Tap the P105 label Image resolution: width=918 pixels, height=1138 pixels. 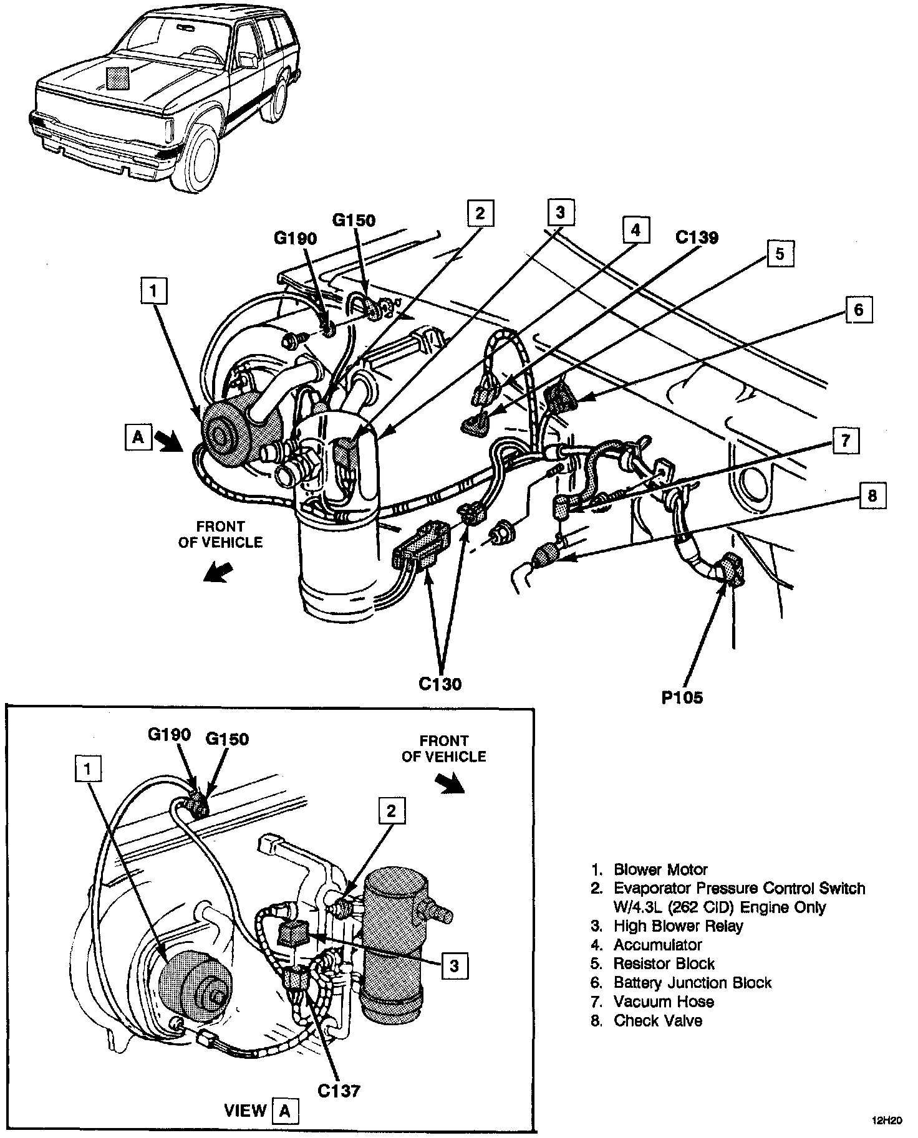(x=682, y=697)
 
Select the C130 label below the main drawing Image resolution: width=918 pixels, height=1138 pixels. (x=440, y=684)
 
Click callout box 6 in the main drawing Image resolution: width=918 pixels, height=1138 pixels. (x=858, y=309)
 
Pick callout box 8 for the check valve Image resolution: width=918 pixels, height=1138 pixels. (x=872, y=495)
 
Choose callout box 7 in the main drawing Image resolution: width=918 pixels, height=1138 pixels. (x=845, y=441)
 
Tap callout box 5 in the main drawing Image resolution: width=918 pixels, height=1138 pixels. (x=780, y=254)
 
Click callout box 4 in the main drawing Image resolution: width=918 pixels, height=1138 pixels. (x=635, y=230)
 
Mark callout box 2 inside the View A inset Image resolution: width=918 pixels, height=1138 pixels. (x=391, y=811)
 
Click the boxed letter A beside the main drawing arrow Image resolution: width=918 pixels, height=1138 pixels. (x=138, y=437)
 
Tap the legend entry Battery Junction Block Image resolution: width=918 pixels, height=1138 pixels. (x=692, y=983)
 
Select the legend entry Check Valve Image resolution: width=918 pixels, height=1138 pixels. (x=657, y=1020)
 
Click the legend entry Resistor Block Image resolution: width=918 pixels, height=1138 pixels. (x=664, y=964)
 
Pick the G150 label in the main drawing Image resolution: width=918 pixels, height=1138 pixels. (x=354, y=220)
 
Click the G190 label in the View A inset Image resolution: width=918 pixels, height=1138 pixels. (x=169, y=734)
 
